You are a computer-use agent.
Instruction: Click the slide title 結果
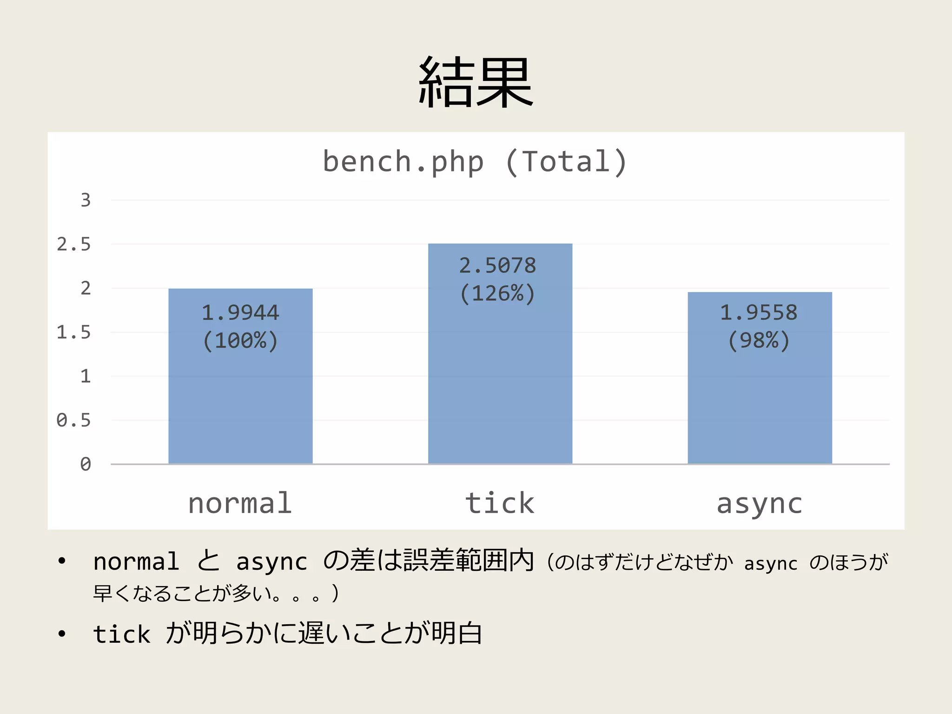[x=476, y=82]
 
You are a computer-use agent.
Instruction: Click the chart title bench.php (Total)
[x=475, y=162]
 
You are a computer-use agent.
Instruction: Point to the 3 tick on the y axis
[x=86, y=200]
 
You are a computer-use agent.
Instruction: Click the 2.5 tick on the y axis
[x=74, y=245]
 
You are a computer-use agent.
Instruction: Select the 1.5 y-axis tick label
[x=74, y=332]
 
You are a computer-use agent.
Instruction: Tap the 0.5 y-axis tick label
[x=74, y=420]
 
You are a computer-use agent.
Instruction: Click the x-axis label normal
[x=240, y=503]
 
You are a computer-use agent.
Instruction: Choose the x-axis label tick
[x=500, y=503]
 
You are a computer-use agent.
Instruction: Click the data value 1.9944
[x=240, y=312]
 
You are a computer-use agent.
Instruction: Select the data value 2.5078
[x=498, y=265]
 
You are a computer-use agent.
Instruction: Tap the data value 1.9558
[x=759, y=312]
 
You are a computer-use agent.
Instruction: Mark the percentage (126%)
[x=498, y=294]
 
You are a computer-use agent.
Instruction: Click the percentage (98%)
[x=759, y=341]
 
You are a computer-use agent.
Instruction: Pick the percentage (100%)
[x=240, y=341]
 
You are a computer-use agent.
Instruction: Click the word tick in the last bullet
[x=122, y=634]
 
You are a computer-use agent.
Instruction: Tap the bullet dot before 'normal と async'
[x=62, y=562]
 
